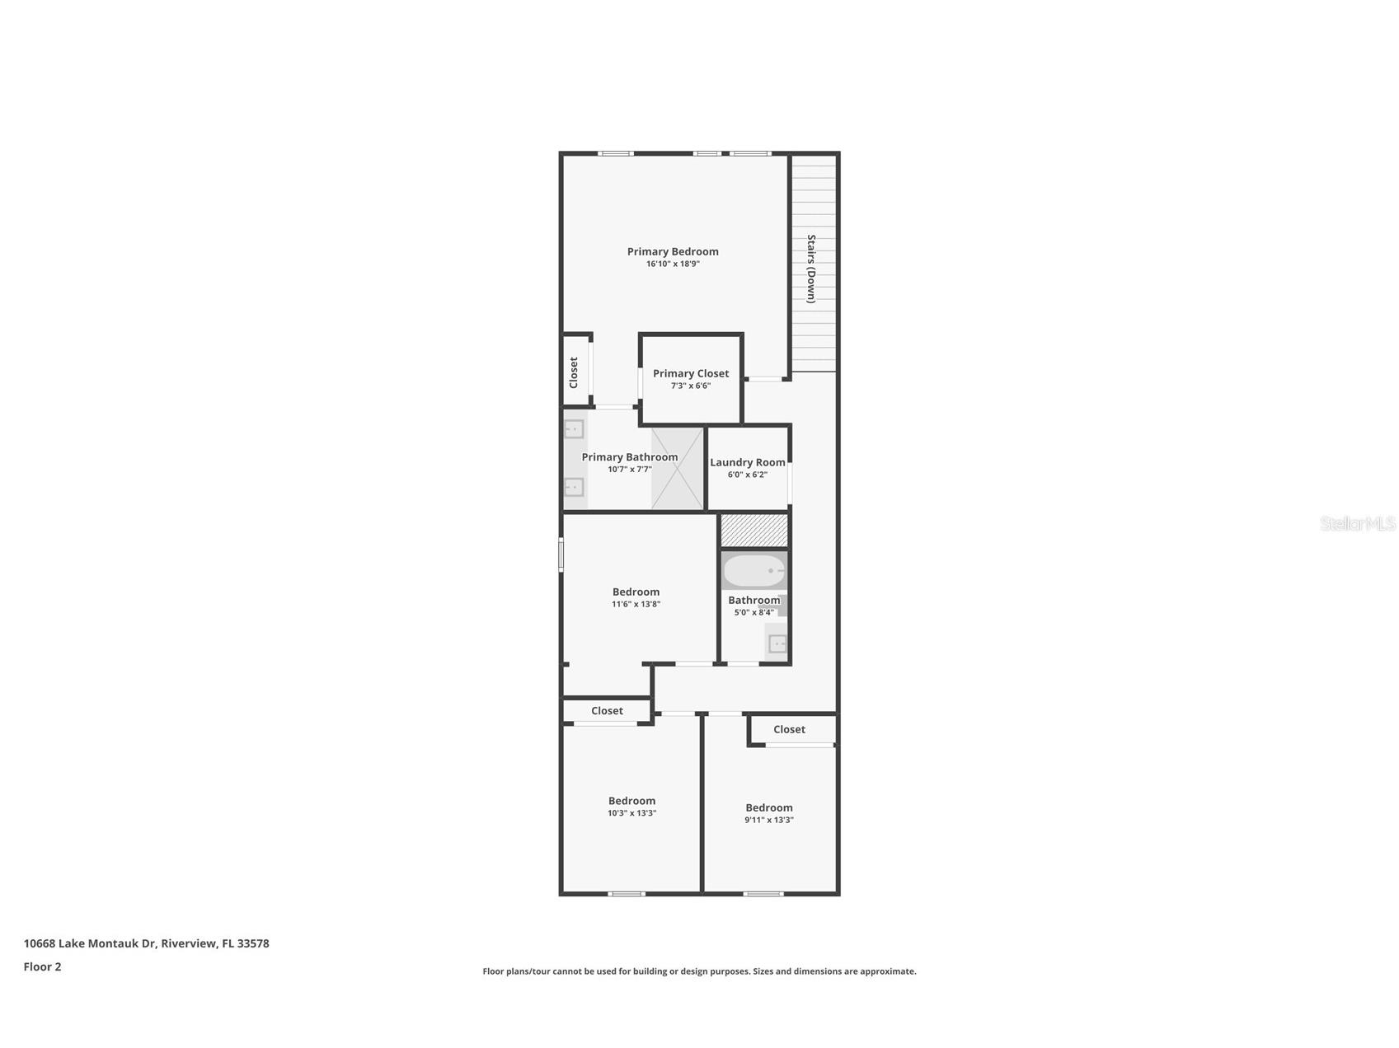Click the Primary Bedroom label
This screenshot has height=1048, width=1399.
tap(673, 251)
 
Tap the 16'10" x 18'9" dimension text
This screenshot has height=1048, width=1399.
tap(673, 264)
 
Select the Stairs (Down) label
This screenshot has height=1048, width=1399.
tap(811, 269)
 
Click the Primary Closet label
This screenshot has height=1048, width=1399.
tap(691, 373)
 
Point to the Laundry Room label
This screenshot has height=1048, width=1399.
tap(748, 462)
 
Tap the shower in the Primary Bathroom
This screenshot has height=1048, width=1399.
tap(678, 468)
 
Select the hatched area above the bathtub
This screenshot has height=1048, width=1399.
tap(754, 531)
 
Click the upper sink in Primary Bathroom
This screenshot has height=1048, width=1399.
tap(574, 429)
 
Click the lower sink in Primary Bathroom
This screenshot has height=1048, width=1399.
tap(574, 487)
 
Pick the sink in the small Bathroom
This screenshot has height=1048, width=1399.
tap(777, 643)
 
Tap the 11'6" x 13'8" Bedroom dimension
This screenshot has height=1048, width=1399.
tap(636, 604)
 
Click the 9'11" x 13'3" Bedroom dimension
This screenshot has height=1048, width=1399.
tap(768, 820)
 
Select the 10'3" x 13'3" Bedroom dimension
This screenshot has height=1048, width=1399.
tap(631, 813)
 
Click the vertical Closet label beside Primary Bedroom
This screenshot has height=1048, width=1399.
tap(574, 372)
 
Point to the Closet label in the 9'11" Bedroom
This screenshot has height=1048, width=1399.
tap(789, 729)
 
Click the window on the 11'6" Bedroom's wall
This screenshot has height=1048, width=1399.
tap(561, 554)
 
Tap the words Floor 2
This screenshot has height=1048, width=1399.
tap(42, 967)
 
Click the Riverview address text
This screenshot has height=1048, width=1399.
tap(146, 943)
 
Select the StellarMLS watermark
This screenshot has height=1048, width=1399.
tap(1357, 523)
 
